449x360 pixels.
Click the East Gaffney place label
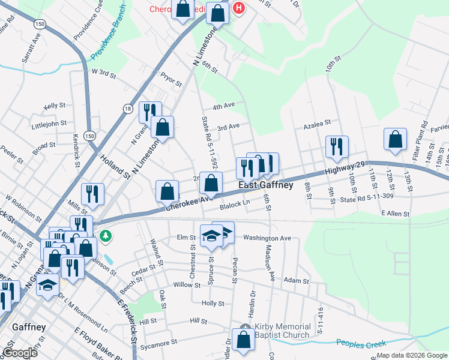[x=266, y=185]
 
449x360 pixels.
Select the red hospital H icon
[x=239, y=8]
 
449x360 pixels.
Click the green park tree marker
[x=106, y=236]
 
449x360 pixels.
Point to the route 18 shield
[x=127, y=109]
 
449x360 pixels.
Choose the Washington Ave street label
[x=267, y=238]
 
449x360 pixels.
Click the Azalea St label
[x=317, y=123]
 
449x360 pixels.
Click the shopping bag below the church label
[x=244, y=339]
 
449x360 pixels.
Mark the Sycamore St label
[x=158, y=341]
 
